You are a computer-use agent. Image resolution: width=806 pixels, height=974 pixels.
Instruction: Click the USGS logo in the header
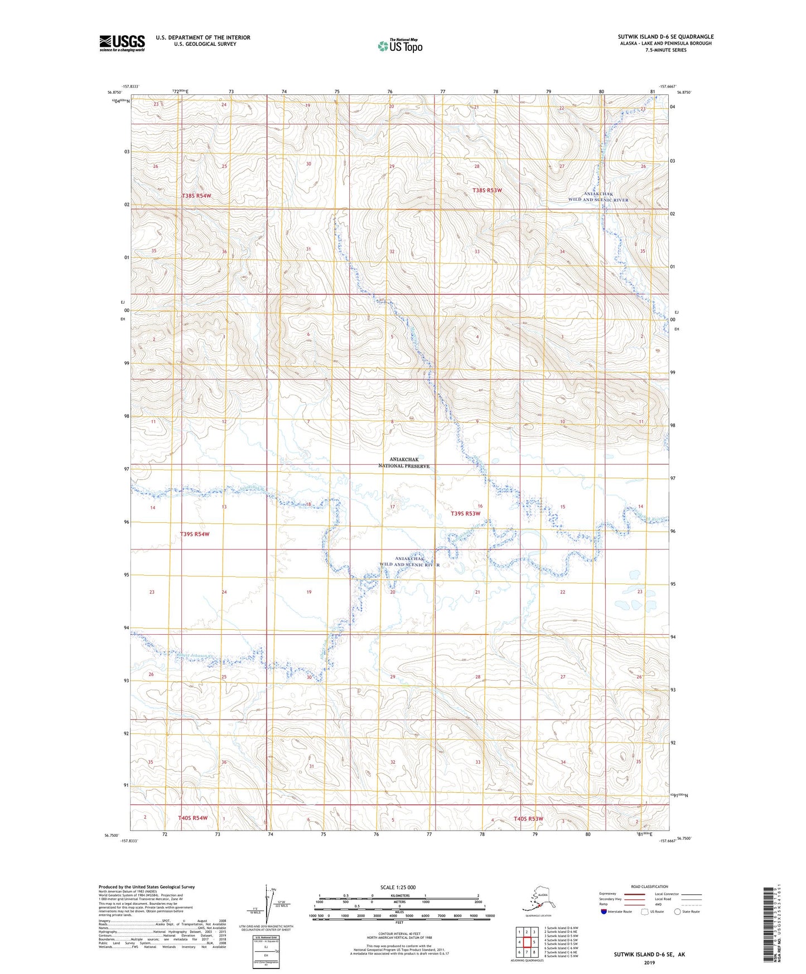[x=122, y=43]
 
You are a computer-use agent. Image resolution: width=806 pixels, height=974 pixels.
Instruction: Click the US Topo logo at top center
[x=399, y=46]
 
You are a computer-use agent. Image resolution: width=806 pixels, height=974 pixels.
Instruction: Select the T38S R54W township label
[x=196, y=196]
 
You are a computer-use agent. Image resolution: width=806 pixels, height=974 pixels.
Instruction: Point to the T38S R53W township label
[x=487, y=190]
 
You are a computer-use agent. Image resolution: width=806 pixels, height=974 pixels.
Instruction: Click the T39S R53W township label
[x=465, y=513]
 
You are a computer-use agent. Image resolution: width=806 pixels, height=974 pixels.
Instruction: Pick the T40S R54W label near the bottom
[x=192, y=818]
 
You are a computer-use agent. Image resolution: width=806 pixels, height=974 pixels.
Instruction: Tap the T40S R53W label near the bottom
[x=528, y=819]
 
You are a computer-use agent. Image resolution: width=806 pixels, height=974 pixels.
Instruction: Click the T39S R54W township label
[x=195, y=534]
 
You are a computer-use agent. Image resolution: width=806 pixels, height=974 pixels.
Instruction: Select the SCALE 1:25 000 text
[x=398, y=887]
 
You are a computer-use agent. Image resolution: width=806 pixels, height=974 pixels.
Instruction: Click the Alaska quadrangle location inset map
[x=537, y=903]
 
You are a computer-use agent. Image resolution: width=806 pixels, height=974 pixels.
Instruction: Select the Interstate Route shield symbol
[x=604, y=912]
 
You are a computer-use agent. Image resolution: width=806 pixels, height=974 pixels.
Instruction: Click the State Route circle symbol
[x=678, y=912]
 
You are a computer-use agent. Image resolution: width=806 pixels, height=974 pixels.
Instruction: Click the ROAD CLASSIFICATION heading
[x=649, y=886]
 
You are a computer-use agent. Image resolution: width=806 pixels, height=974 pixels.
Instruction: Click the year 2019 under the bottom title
[x=649, y=962]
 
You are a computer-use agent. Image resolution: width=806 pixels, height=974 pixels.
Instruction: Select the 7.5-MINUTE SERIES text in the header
[x=666, y=50]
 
